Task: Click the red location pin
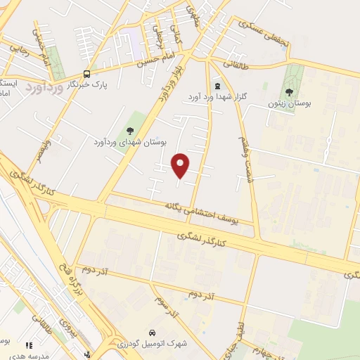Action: pos(181,165)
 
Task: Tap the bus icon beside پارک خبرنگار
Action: pos(86,73)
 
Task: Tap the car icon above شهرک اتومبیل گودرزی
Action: pos(151,331)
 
